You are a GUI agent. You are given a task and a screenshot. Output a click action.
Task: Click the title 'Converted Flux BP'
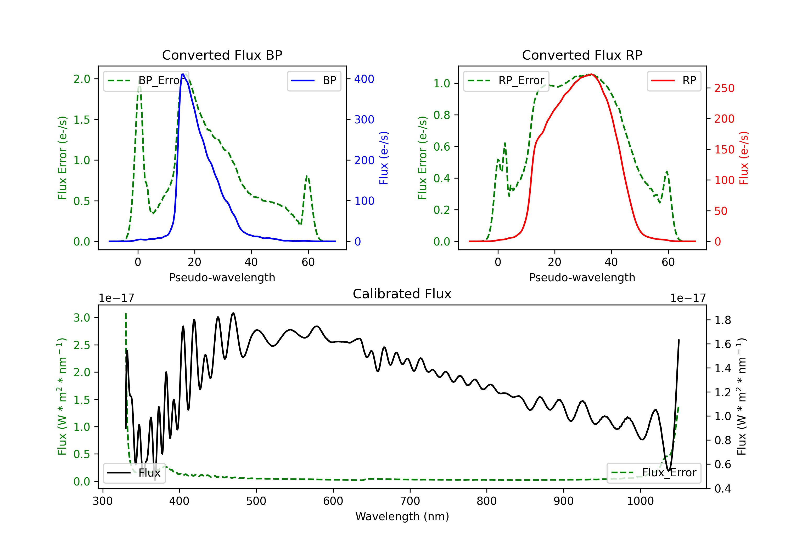click(222, 55)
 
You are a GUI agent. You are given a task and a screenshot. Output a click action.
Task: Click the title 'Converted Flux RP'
click(582, 55)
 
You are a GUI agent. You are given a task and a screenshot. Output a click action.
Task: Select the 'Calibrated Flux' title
click(402, 294)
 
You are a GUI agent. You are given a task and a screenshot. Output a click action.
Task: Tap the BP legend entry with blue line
click(314, 81)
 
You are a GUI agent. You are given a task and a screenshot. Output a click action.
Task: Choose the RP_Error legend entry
click(506, 81)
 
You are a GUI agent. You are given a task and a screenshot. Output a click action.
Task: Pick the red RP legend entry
click(674, 81)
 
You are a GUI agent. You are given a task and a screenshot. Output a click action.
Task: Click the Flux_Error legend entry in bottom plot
click(654, 473)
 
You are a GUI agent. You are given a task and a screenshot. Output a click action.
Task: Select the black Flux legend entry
click(134, 473)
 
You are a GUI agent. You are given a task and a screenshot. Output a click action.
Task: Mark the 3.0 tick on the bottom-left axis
click(82, 318)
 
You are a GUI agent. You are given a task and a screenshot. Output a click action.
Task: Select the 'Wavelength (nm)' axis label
click(402, 516)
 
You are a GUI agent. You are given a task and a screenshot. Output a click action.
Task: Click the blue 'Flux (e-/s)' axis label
click(384, 158)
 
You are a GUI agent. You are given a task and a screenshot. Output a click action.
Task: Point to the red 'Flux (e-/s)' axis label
click(744, 158)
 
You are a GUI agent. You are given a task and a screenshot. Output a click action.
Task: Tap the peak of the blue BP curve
click(183, 74)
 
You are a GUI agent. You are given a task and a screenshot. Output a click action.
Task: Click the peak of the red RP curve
click(591, 74)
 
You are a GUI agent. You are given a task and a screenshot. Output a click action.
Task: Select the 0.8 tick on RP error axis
click(442, 115)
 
